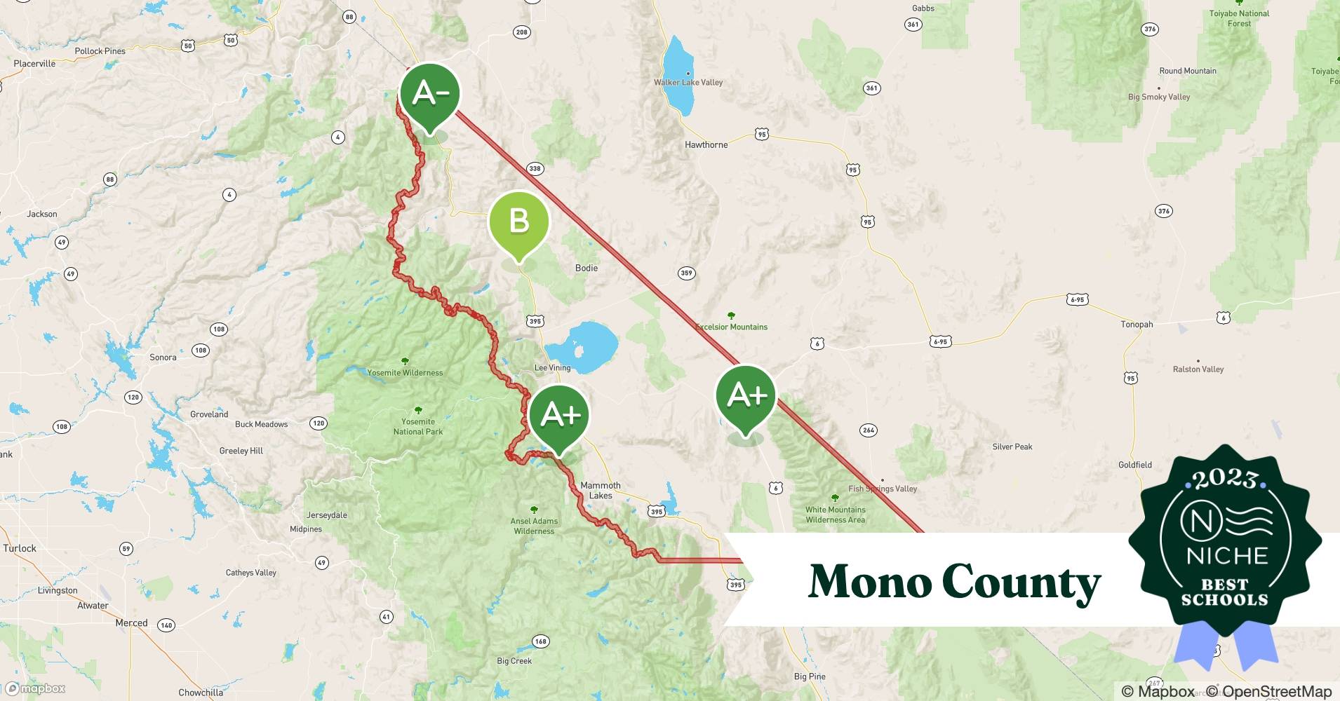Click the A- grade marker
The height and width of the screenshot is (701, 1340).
click(429, 94)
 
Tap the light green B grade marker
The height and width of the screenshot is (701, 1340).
click(518, 222)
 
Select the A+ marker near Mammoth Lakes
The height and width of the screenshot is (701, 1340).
click(559, 415)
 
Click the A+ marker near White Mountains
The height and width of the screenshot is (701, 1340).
click(746, 395)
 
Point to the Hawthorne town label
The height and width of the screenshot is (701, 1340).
click(706, 145)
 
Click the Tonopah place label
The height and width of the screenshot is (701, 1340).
click(1137, 325)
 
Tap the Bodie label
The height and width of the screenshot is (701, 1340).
click(586, 268)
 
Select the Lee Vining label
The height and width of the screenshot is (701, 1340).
click(552, 367)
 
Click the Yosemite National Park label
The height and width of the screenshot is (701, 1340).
click(418, 426)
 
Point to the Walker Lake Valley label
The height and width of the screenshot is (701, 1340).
click(688, 82)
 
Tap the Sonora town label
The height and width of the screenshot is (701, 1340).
click(163, 358)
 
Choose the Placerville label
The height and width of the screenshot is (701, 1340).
click(34, 64)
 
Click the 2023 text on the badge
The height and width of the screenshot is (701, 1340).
click(1224, 478)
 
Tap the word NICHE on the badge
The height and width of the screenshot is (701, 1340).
click(1226, 556)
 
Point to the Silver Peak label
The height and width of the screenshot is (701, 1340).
click(1012, 447)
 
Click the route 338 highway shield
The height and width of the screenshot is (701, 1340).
click(535, 168)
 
